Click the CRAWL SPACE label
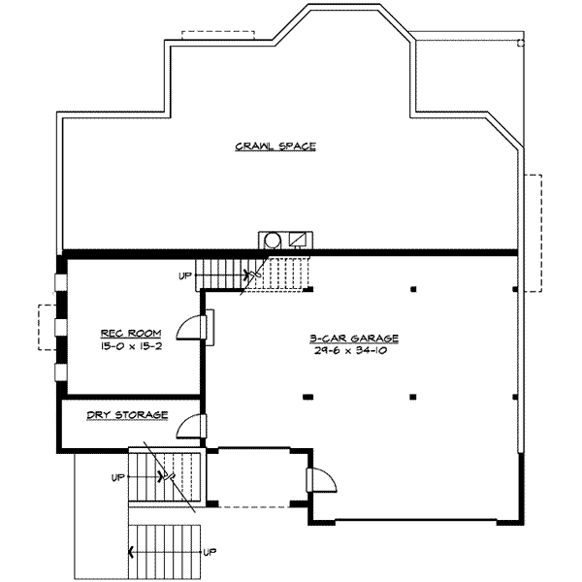pos(275,146)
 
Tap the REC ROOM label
pos(131,333)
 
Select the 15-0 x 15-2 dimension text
pos(131,346)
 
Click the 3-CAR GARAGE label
pos(354,339)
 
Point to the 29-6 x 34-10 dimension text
pos(351,350)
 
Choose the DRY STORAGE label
pos(127,414)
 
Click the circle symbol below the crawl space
pos(273,241)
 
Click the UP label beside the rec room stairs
pos(185,275)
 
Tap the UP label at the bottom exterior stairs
pos(210,552)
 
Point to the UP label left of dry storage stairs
pos(118,477)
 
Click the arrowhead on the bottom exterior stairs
pos(131,553)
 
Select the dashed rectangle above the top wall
pos(218,35)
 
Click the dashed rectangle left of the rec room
pos(48,327)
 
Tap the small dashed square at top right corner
pos(521,43)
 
